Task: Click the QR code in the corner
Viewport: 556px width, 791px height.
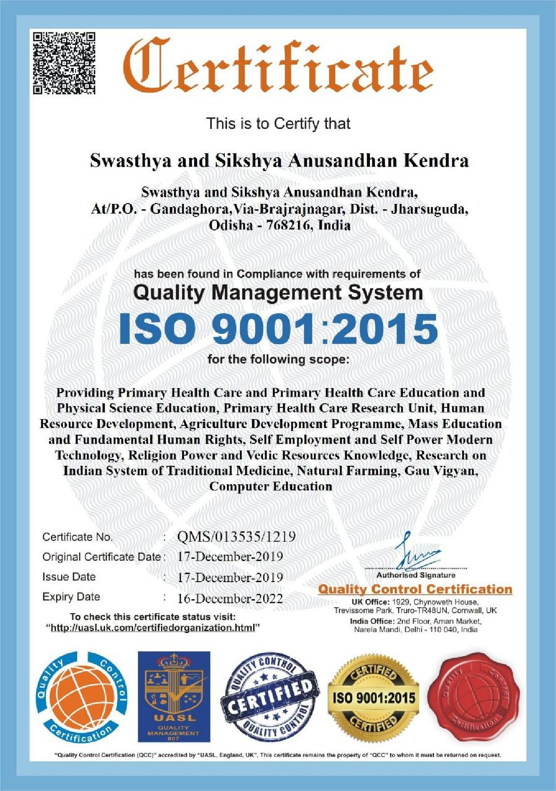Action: click(65, 63)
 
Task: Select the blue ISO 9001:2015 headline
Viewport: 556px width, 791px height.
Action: click(278, 328)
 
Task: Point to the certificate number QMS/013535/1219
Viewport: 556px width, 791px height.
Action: click(236, 537)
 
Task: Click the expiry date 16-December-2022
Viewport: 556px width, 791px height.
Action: click(230, 598)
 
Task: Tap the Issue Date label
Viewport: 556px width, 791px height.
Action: click(69, 577)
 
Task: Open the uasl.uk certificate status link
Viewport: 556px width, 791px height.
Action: click(153, 627)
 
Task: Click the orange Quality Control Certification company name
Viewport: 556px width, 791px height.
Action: click(415, 589)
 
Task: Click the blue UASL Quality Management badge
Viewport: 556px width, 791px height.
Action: click(173, 697)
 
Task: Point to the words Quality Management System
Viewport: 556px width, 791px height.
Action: click(278, 293)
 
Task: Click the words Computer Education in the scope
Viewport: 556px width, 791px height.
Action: click(271, 486)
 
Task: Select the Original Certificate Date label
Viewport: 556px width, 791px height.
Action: click(102, 557)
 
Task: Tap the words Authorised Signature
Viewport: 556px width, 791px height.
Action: click(416, 575)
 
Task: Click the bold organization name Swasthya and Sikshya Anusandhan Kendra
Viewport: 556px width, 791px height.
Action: click(279, 161)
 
